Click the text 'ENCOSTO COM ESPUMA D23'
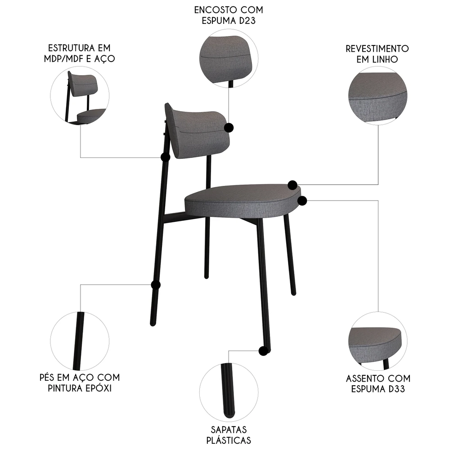coord(229,16)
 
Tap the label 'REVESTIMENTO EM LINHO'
coord(377,54)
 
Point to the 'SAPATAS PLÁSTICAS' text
coord(229,435)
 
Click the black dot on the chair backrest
coord(229,128)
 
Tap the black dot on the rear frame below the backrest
coord(165,157)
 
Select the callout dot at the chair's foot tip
coord(263,351)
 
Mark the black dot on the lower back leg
coord(156,285)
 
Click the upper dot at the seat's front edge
coord(292,184)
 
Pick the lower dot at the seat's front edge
coord(302,200)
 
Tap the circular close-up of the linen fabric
coord(377,95)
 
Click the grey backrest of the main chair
coord(198,130)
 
